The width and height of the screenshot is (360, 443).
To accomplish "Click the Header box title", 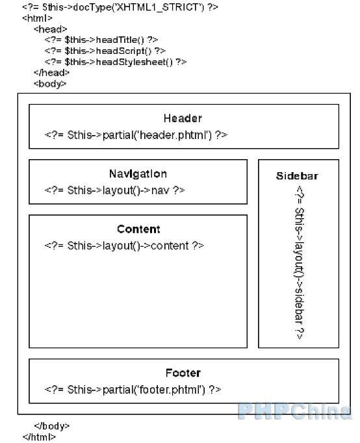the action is click(x=183, y=118).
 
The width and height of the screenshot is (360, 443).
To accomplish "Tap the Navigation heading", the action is click(x=138, y=173).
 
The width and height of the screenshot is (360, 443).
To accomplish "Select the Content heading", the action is click(x=138, y=229).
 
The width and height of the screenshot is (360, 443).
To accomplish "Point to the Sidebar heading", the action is click(x=297, y=176).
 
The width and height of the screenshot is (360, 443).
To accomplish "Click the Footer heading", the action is click(x=183, y=373).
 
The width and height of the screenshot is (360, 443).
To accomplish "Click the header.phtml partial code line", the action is click(x=136, y=135).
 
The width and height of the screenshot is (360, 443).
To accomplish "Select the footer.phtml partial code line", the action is click(x=133, y=390).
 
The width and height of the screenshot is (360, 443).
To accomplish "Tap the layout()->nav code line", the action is click(x=115, y=190).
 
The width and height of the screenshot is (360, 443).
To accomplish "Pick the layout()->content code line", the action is click(x=124, y=246).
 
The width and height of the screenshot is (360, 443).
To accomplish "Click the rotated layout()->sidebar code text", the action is click(x=300, y=263).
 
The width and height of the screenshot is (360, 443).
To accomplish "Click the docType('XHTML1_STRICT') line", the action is click(x=120, y=6).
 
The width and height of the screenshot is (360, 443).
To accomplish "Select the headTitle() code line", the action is click(x=101, y=40).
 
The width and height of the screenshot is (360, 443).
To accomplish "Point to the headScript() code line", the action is click(x=105, y=51).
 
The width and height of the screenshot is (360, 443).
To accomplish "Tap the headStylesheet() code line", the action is click(x=116, y=62).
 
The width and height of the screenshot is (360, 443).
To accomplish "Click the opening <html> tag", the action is click(x=38, y=18).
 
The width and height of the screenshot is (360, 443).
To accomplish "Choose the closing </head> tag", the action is click(x=51, y=73).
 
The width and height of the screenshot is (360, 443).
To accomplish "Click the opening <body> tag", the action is click(x=50, y=84).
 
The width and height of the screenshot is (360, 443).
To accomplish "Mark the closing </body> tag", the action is click(x=52, y=425).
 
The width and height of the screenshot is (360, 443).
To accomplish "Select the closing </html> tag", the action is click(x=39, y=437).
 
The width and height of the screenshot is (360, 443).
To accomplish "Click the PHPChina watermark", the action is click(x=295, y=411).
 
